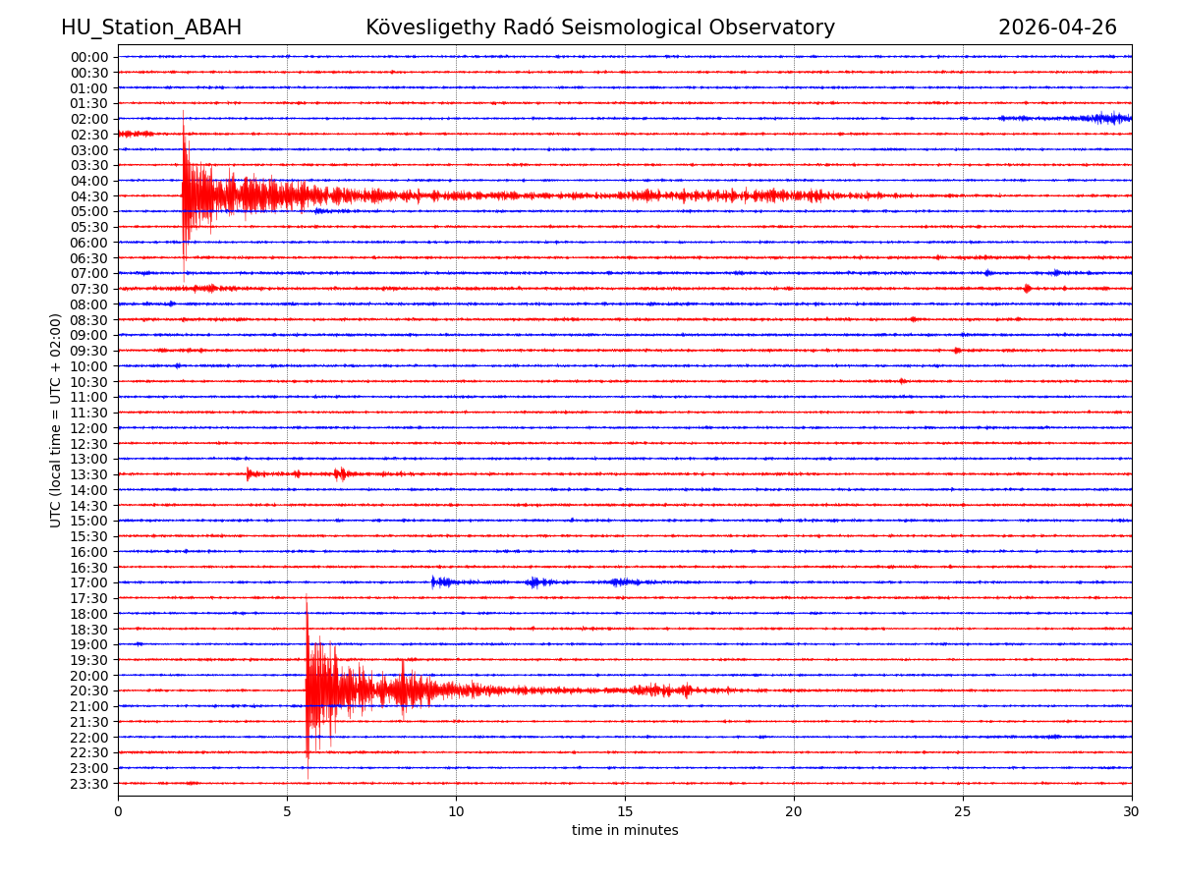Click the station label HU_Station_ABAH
point(151,28)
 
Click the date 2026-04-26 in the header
point(1057,28)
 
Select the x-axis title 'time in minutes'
point(625,831)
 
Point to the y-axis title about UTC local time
point(56,420)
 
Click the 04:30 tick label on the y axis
point(89,196)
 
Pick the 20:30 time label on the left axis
point(89,691)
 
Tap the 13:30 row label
point(89,474)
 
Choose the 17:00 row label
point(89,582)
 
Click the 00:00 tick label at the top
point(89,57)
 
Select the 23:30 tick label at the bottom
point(89,784)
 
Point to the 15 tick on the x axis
point(625,811)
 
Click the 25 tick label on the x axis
point(963,811)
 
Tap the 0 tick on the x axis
point(118,811)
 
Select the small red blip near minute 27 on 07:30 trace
point(1027,289)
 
